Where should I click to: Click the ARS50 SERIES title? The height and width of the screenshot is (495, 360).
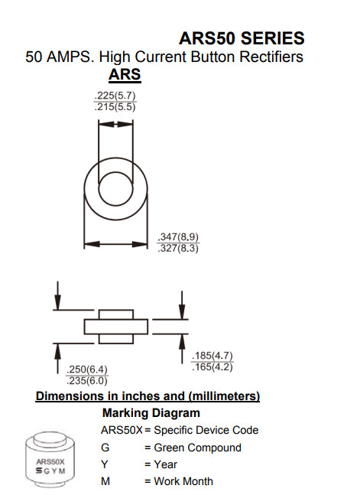pos(242,38)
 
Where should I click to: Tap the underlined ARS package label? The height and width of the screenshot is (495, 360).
pos(125,74)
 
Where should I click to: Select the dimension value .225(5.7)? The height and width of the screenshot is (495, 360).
pos(115,96)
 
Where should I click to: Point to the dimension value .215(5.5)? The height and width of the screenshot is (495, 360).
pos(115,107)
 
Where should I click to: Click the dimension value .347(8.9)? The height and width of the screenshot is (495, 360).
pos(178,236)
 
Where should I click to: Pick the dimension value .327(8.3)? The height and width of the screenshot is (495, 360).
pos(178,248)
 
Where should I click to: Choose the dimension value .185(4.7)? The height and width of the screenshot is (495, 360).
pos(212,356)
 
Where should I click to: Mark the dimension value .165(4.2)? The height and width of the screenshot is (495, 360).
pos(212,367)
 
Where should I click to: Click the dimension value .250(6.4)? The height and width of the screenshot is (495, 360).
pos(87,370)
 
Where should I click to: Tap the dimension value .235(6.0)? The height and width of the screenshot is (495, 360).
pos(87,381)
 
